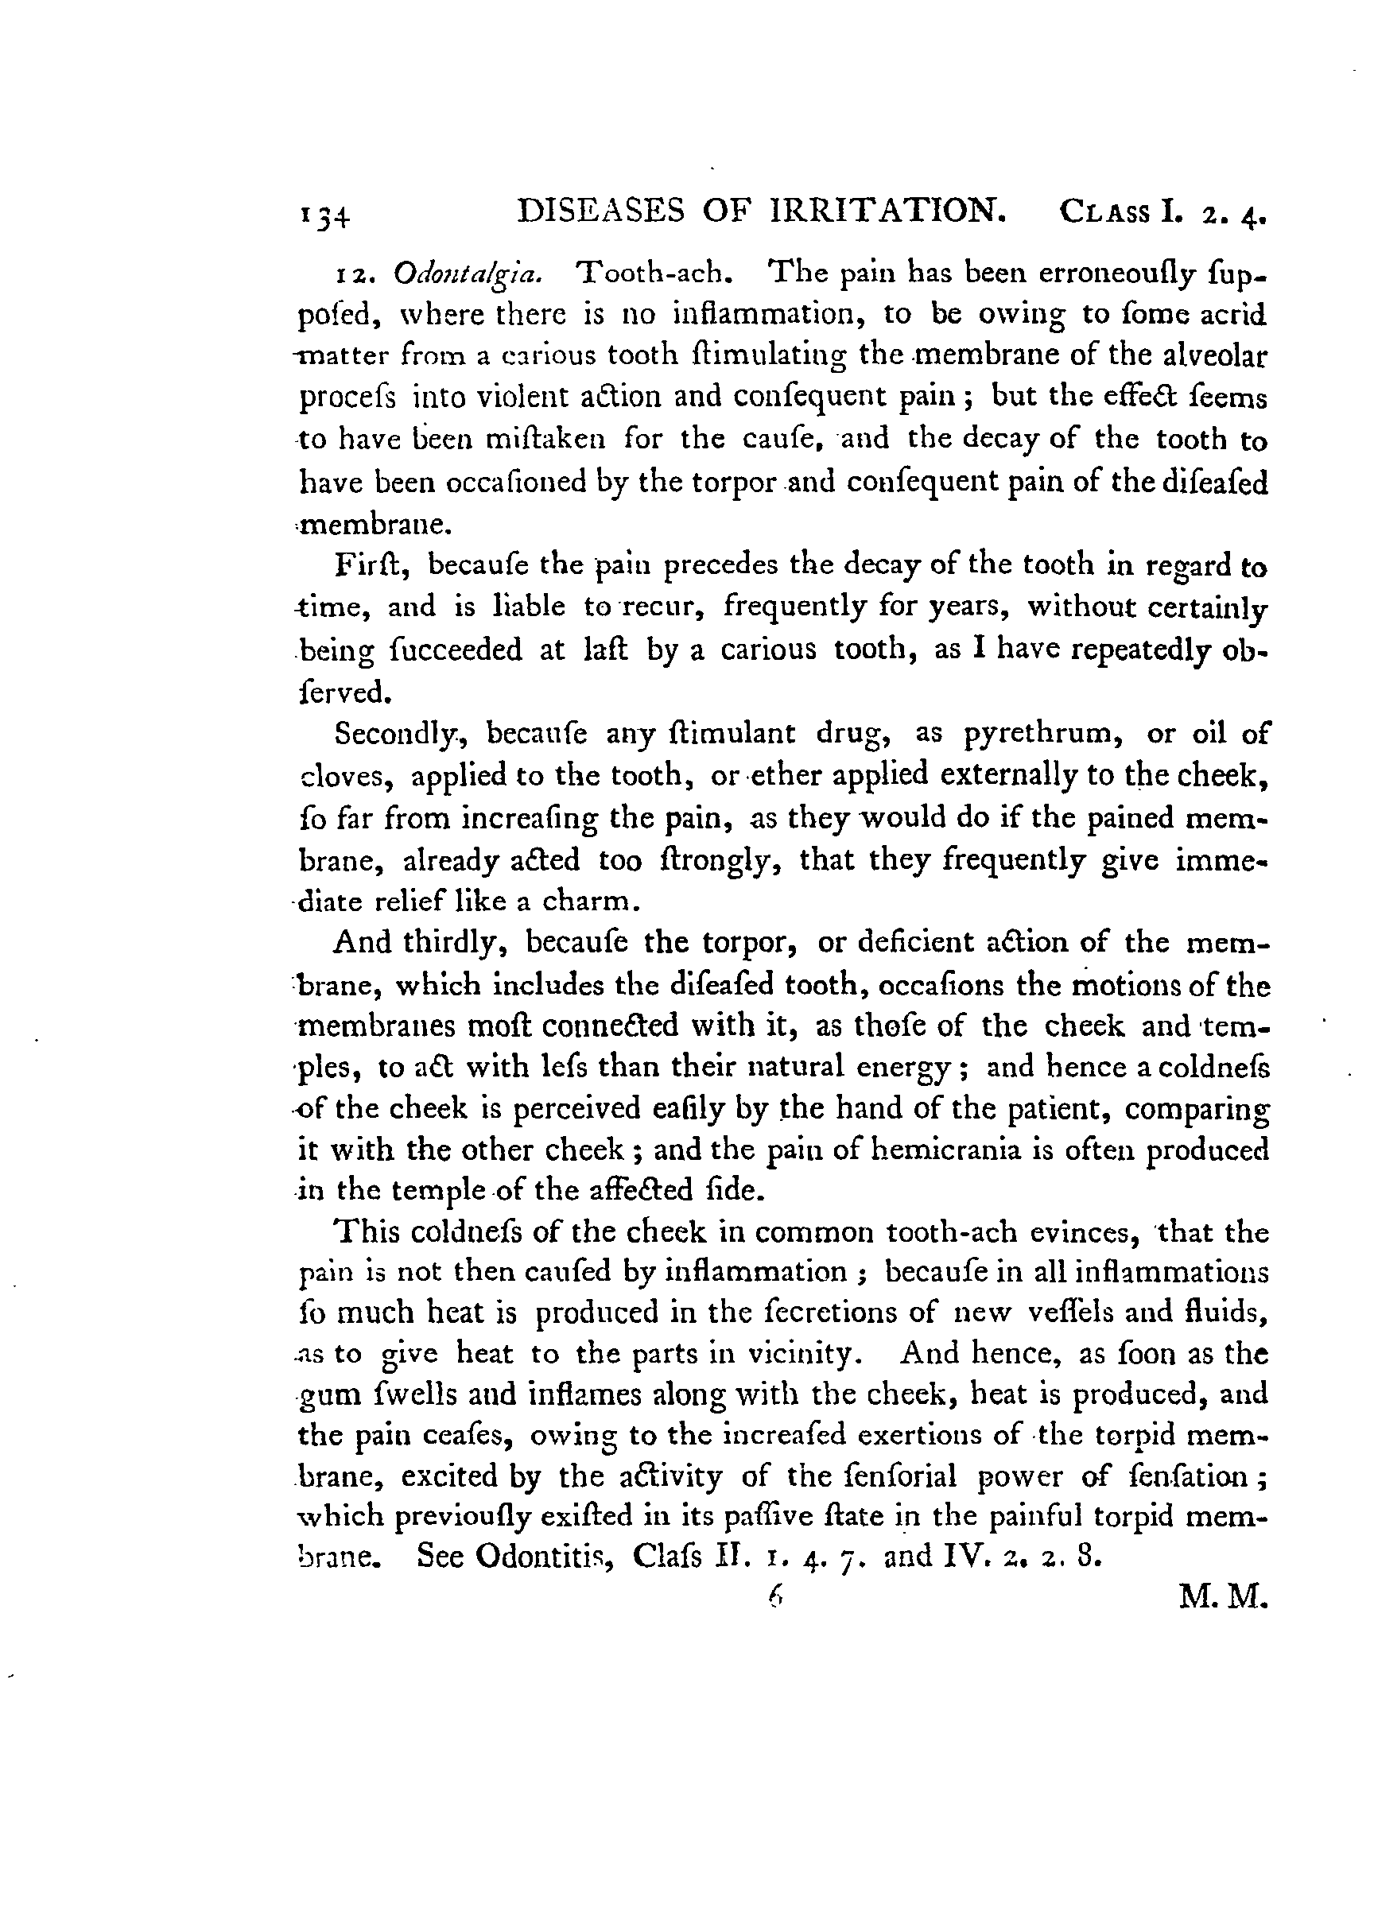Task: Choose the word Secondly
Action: click(396, 734)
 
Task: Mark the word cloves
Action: click(346, 775)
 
